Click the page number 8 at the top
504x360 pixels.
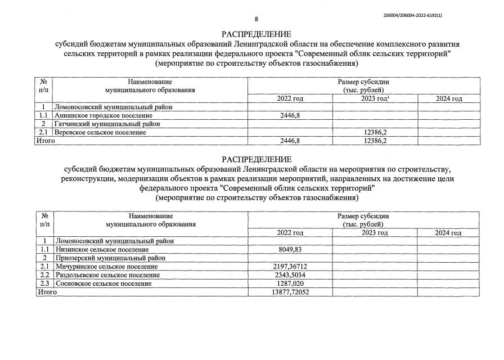tap(256, 19)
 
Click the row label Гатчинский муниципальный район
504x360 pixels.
tap(107, 124)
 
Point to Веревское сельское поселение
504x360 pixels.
tap(100, 132)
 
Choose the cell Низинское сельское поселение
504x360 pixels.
tap(102, 249)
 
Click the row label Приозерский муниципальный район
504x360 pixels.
tap(109, 258)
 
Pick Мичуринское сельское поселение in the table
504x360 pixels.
tap(106, 266)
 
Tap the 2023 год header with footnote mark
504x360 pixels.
tap(375, 99)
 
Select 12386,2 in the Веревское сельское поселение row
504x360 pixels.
tap(375, 132)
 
